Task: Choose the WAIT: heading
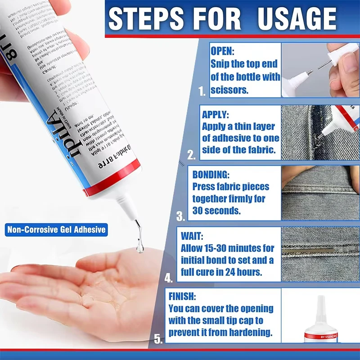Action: click(192, 235)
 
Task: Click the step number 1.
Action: click(202, 92)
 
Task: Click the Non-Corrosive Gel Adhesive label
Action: click(57, 230)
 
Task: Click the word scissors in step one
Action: click(229, 90)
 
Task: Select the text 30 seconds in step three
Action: click(215, 210)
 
